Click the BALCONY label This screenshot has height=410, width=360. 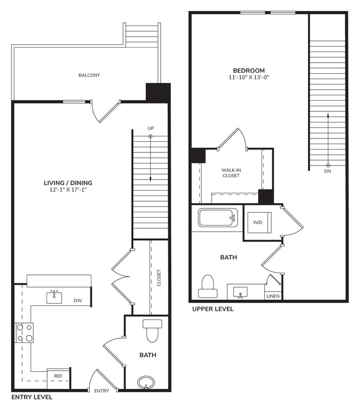[89, 75]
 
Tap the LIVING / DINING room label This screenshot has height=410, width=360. [68, 183]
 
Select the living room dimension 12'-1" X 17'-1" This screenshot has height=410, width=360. [68, 191]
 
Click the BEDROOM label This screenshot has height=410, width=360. [249, 70]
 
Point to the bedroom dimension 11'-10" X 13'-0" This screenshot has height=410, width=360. [249, 78]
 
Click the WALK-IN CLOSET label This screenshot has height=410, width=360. [231, 172]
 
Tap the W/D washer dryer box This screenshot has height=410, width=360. [258, 223]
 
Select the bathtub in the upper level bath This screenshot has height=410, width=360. [218, 217]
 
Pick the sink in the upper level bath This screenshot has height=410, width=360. [240, 291]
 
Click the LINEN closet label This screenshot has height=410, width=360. [273, 296]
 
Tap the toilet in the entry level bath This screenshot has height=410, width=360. [151, 331]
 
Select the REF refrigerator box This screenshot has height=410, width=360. [58, 376]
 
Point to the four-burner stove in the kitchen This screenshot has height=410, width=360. [24, 332]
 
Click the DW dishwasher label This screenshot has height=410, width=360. [78, 301]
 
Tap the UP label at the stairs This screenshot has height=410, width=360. [151, 129]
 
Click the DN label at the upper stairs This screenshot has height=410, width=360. [328, 171]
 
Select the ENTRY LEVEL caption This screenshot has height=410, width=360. [32, 397]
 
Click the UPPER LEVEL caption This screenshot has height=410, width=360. [213, 309]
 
